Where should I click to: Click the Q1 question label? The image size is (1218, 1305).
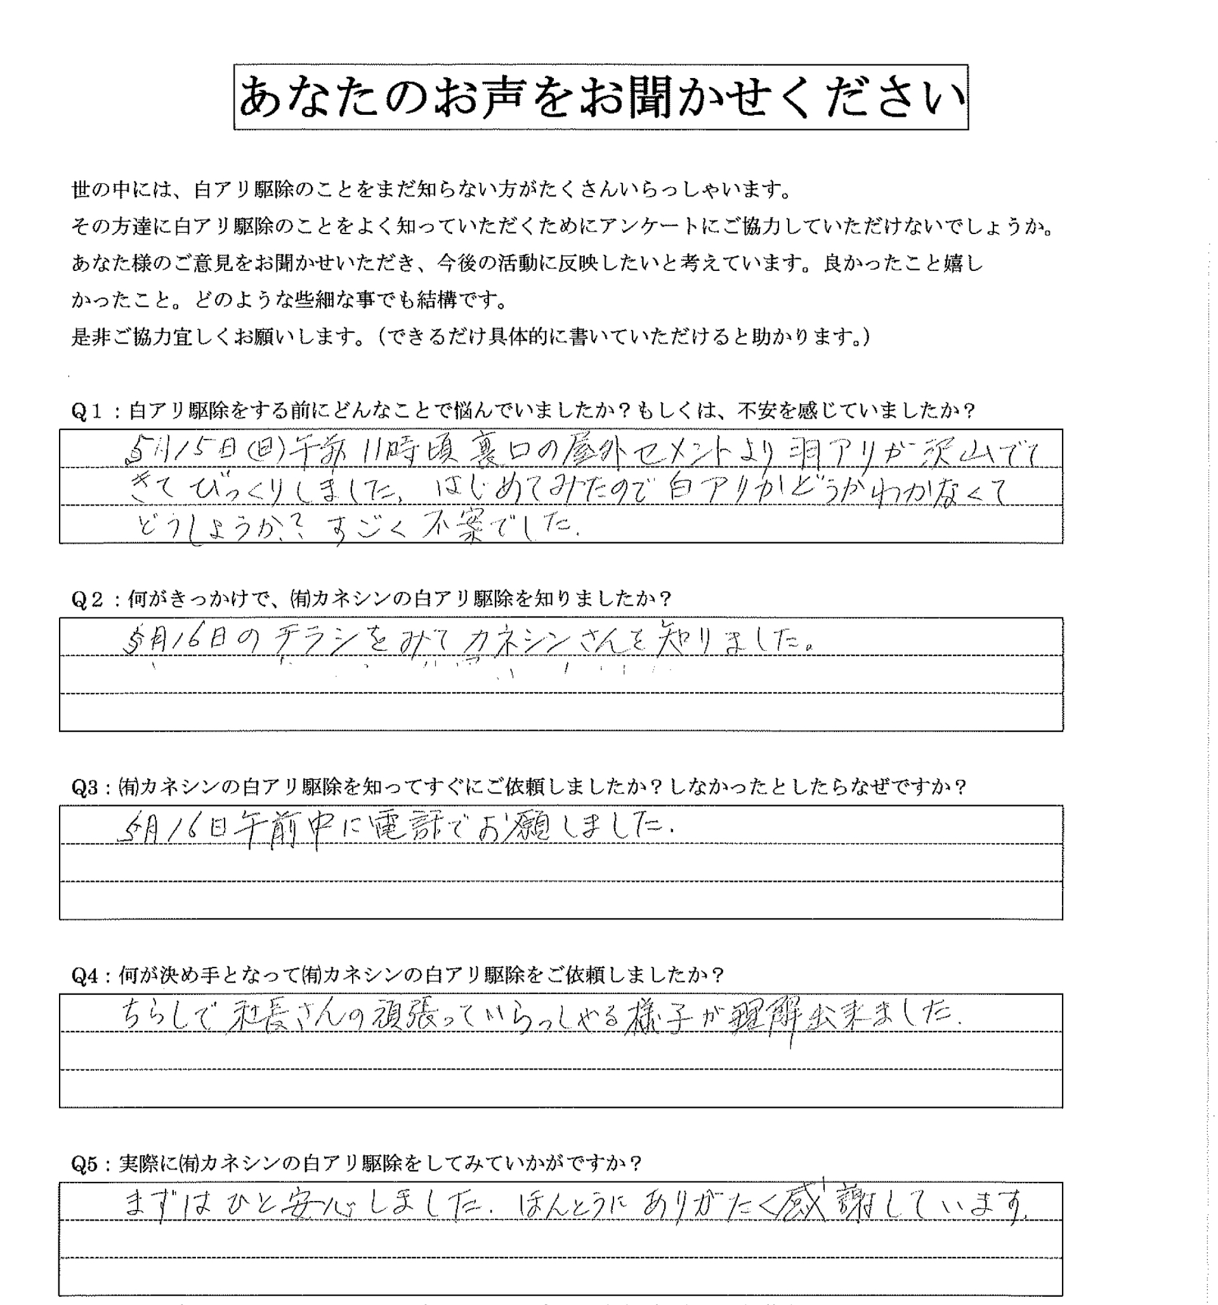(x=88, y=412)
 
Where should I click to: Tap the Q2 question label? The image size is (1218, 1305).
(x=88, y=600)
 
